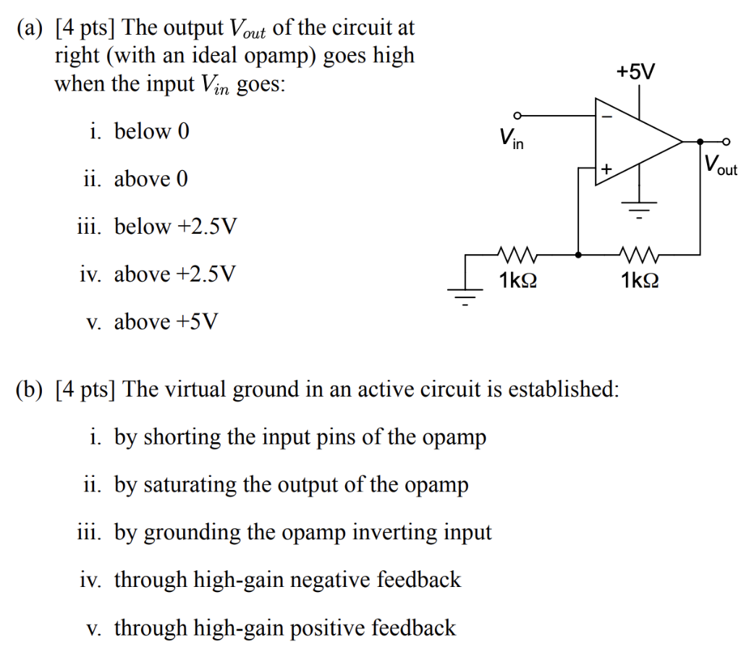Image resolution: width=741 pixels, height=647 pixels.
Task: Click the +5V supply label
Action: (x=636, y=72)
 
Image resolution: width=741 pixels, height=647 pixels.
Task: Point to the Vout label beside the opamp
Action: (x=719, y=166)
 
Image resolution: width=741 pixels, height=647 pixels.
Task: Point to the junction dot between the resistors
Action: (x=578, y=255)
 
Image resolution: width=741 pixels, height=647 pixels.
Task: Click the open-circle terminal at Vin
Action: (x=516, y=115)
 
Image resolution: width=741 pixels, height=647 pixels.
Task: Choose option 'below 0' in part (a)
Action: (x=137, y=132)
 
